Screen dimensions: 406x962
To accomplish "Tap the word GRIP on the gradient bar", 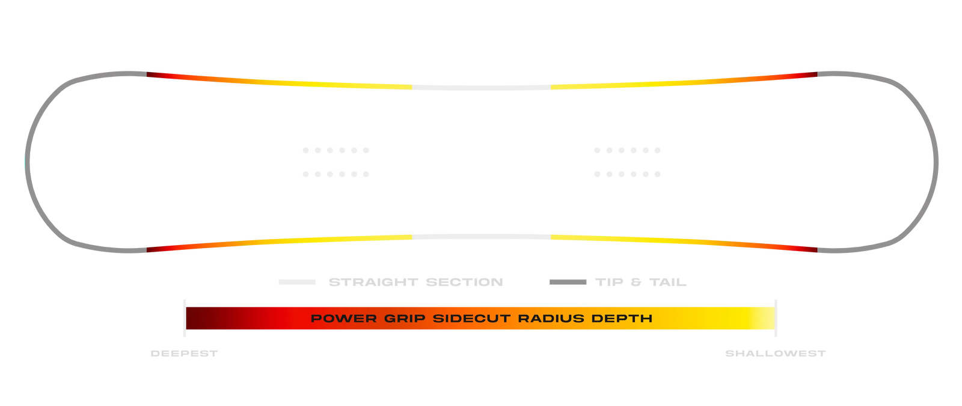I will pos(404,318).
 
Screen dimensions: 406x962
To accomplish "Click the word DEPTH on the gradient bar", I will pos(622,318).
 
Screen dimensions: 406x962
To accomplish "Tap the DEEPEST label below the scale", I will pos(184,354).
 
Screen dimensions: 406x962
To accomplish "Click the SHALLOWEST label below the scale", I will pos(776,354).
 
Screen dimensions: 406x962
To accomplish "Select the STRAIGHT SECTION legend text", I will pos(415,282).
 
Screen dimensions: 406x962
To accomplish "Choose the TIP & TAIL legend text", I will pos(641,282).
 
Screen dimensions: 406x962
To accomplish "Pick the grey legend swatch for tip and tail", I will pos(568,282).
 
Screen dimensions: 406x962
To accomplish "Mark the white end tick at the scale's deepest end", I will pos(184,318).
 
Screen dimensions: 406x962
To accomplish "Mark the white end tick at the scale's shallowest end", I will pos(776,318).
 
